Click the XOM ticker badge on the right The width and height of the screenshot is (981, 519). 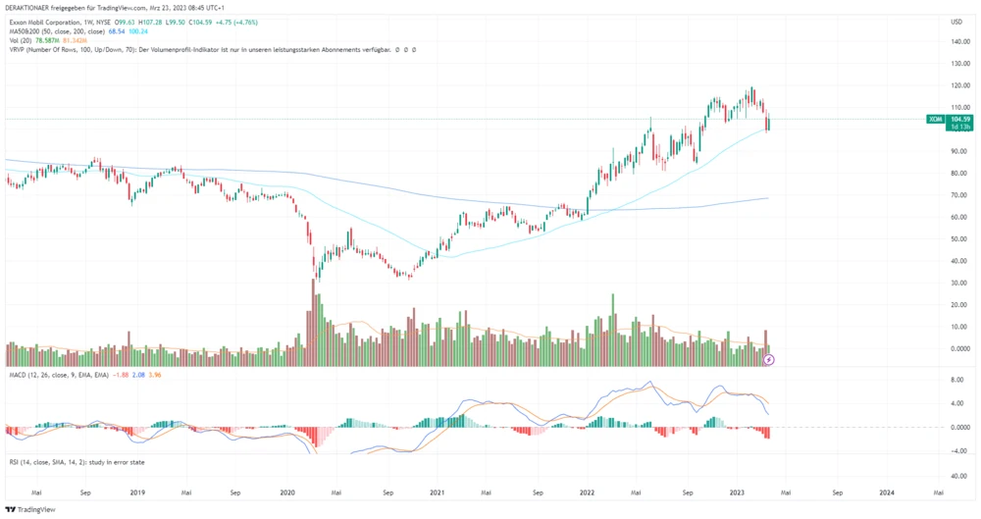point(934,119)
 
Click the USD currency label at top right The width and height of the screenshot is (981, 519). point(955,21)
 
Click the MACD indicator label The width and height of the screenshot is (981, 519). point(18,375)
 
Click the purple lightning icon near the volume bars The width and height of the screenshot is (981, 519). point(770,360)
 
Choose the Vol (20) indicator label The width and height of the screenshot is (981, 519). point(20,39)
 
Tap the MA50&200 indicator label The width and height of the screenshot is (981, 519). point(24,30)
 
